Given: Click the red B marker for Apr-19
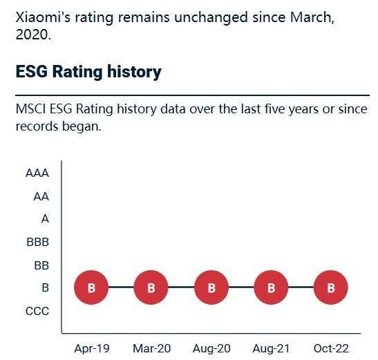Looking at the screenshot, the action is tap(91, 287).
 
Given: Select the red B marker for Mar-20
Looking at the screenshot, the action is tap(151, 287).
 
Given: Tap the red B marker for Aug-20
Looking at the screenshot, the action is tap(211, 287).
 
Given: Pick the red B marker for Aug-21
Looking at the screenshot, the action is tap(271, 287).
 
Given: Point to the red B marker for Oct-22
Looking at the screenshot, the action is tap(331, 287).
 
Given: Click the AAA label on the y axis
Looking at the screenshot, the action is tap(37, 173).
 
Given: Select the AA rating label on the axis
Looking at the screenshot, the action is tap(41, 196).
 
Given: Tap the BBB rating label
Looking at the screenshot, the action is tap(38, 242).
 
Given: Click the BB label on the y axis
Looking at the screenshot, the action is tap(41, 265).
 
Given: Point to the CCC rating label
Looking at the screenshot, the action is tap(37, 311).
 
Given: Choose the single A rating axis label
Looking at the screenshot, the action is tap(45, 219).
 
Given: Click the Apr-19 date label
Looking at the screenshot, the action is tap(92, 349).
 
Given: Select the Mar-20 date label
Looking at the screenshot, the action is tap(152, 349).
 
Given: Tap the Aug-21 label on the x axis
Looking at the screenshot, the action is tap(271, 349).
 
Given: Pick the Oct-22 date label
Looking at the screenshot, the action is tap(331, 349).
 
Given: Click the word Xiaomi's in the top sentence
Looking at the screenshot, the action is tap(44, 17).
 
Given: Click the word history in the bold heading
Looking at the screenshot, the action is tap(134, 72).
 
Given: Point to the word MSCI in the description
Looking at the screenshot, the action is tap(30, 109).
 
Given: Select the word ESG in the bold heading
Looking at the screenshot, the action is tap(32, 72).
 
